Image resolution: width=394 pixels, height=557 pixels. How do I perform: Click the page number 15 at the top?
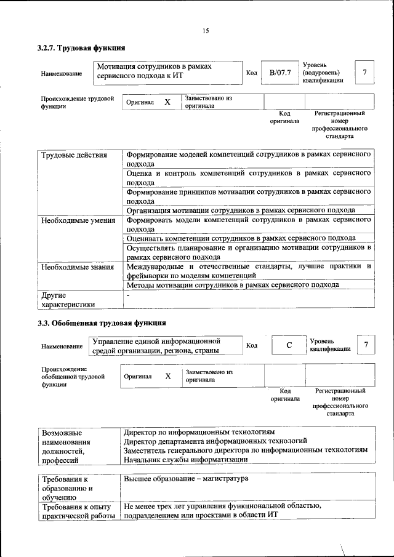[x=206, y=31]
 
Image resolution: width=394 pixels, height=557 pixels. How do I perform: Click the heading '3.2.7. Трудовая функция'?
[x=81, y=47]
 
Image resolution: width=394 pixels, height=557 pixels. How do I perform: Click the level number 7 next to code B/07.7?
[x=364, y=73]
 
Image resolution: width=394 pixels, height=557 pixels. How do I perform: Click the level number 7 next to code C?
[x=366, y=345]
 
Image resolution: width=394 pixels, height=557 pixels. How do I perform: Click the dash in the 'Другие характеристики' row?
[x=127, y=296]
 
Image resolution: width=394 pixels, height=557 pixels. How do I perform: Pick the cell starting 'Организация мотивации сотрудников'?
[x=240, y=210]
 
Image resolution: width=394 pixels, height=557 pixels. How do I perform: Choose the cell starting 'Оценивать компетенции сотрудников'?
[x=240, y=238]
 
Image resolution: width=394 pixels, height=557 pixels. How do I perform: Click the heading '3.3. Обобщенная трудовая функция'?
[x=101, y=323]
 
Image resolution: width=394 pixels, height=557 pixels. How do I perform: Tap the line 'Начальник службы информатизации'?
[x=185, y=459]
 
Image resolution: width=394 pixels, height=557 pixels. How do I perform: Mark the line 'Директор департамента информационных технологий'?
[x=215, y=441]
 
